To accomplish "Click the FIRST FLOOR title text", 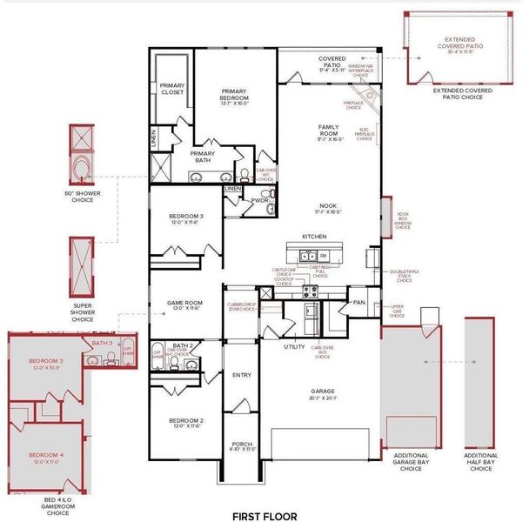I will (264, 516).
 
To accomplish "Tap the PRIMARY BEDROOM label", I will (234, 97).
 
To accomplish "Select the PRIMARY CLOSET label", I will (172, 88).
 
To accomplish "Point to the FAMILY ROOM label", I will (331, 131).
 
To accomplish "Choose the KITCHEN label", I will (314, 237).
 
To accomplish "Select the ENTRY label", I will (241, 375).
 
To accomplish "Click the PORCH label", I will (242, 445).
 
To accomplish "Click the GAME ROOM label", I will (184, 304).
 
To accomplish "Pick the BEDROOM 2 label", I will (184, 422).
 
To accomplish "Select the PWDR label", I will (259, 199).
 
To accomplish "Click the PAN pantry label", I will (358, 302).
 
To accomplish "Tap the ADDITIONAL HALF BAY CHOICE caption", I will (481, 461).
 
